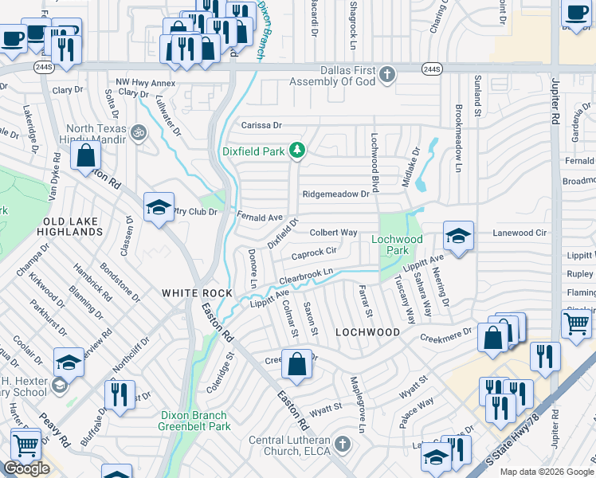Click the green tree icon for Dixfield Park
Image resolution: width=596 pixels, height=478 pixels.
tap(297, 149)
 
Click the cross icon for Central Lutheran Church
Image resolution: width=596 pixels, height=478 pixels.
tap(342, 443)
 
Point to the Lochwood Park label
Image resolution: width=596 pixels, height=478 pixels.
tap(397, 245)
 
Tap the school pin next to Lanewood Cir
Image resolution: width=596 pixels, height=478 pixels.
tap(458, 237)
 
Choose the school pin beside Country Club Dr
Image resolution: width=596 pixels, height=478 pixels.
tap(159, 208)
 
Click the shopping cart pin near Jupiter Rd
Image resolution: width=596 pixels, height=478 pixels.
tap(577, 323)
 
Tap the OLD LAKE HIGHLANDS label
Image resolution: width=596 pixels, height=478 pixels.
tap(73, 225)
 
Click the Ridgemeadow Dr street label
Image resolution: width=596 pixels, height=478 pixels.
tap(335, 194)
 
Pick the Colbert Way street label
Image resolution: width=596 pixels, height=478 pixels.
tap(332, 233)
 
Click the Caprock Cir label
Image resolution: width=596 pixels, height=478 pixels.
tap(314, 253)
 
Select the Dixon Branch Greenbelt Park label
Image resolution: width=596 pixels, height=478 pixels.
tap(194, 421)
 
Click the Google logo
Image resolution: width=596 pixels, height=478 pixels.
tap(27, 468)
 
